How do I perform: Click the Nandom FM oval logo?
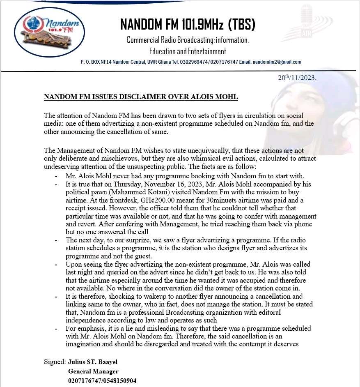(50, 32)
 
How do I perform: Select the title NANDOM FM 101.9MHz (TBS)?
(188, 25)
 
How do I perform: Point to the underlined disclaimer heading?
(141, 97)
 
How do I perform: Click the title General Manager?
(93, 371)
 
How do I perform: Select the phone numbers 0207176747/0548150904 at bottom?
(102, 381)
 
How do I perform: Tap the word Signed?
(55, 362)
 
